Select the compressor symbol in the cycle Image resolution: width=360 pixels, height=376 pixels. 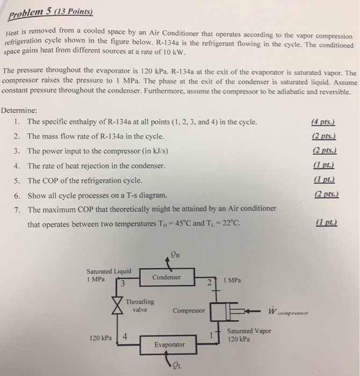click(226, 310)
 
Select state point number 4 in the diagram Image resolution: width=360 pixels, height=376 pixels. click(125, 337)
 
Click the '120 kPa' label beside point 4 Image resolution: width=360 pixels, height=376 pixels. click(102, 338)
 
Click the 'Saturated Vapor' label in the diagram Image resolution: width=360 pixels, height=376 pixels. click(249, 331)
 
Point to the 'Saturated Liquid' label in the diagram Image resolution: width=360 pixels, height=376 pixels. click(105, 271)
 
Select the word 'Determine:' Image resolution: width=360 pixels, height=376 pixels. click(19, 111)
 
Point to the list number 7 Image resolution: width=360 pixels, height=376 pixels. click(17, 209)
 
